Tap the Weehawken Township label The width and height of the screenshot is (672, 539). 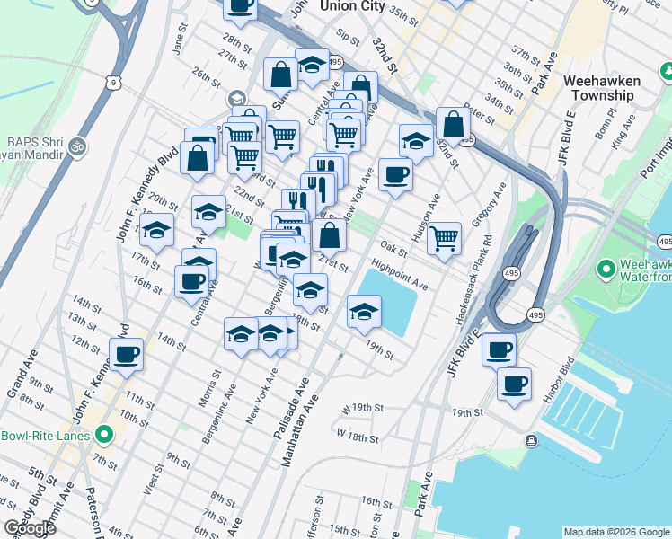[x=602, y=88]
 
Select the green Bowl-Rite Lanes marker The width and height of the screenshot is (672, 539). [x=104, y=436]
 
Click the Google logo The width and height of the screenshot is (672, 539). [x=30, y=528]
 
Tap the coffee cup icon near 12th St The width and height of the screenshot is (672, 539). [x=127, y=352]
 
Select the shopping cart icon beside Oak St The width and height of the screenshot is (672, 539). [x=444, y=237]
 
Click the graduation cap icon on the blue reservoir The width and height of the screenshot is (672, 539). [x=364, y=312]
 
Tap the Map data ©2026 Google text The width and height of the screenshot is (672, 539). [x=616, y=532]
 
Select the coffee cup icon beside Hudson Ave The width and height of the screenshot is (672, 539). [x=395, y=174]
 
